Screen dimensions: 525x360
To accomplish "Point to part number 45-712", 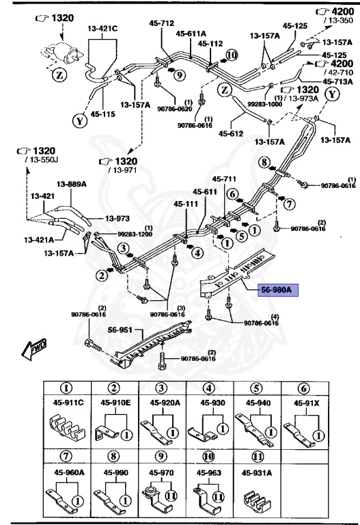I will pos(162,23).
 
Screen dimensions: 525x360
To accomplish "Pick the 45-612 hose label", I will pos(231,133).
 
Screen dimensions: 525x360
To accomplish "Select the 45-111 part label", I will pos(186,204).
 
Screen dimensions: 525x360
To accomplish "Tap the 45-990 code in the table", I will pos(117,471).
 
